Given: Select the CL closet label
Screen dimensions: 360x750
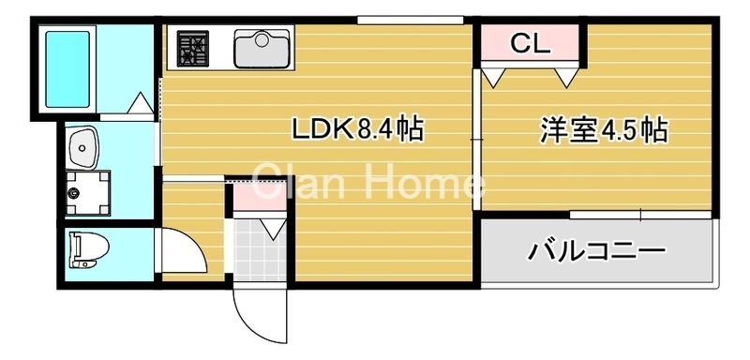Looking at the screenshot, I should (x=531, y=42).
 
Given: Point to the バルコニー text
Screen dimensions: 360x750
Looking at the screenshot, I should (x=596, y=250).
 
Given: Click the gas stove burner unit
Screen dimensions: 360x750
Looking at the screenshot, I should (x=194, y=48).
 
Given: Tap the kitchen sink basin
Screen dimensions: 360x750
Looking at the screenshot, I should (x=262, y=48).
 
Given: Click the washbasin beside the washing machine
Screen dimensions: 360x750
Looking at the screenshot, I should (x=84, y=148).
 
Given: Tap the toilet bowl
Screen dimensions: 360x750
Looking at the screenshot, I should (x=89, y=250).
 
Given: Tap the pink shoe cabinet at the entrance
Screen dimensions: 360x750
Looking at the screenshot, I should (x=253, y=197).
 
